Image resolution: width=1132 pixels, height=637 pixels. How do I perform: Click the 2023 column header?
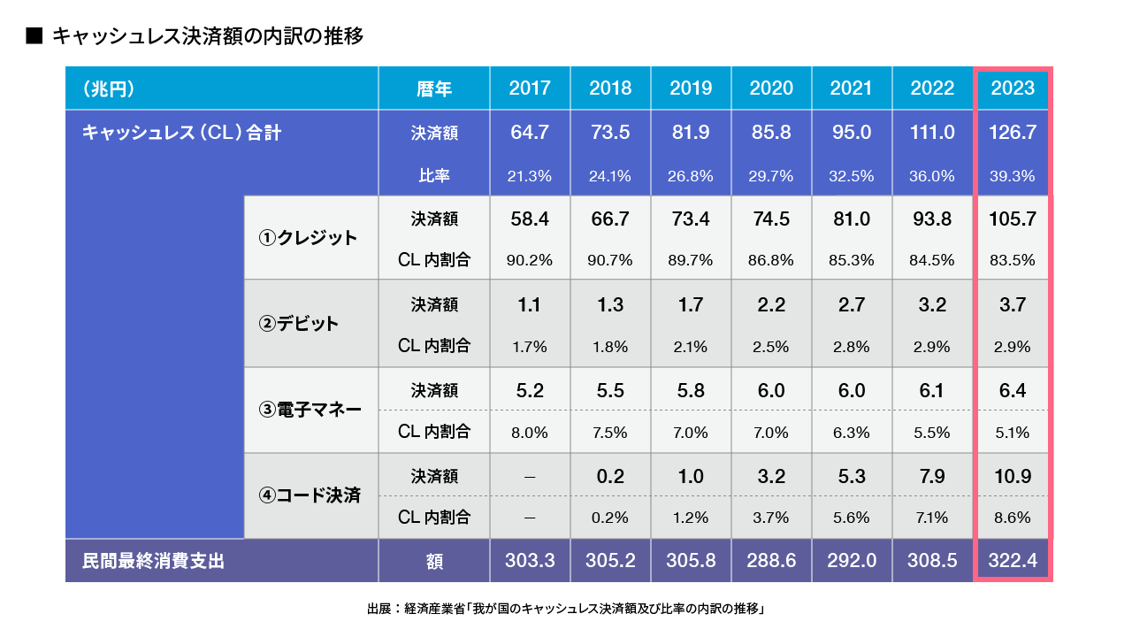coord(1013,88)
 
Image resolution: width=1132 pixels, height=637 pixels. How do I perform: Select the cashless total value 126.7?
coord(1013,133)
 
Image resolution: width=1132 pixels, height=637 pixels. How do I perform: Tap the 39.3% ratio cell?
coord(1013,176)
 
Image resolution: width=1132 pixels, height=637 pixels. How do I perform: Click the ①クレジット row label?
coord(308,238)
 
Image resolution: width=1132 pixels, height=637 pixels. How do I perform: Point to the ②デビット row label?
coord(298,324)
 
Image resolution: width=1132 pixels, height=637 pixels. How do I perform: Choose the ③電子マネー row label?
coord(310,410)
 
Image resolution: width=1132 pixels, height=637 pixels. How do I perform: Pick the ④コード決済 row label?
coord(310,495)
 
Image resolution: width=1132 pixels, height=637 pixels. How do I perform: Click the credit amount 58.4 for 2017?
coord(530,219)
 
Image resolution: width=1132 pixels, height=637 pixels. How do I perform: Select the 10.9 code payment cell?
coord(1013,476)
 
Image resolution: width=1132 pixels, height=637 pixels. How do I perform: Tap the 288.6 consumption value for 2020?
coord(771,561)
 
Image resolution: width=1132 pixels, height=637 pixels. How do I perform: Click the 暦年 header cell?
coord(434,88)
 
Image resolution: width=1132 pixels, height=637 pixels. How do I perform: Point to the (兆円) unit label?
coord(108,88)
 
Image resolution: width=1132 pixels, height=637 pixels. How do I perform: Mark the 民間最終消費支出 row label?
coord(153,561)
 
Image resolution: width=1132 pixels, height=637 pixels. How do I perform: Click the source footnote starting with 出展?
coord(565,609)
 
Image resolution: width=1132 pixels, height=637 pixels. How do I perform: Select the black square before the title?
coord(34,36)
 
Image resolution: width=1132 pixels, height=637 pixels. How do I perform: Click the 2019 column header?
coord(691,88)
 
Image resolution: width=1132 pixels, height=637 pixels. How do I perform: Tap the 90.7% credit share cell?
coord(610,260)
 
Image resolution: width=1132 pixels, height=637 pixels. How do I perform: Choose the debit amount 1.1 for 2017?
coord(530,304)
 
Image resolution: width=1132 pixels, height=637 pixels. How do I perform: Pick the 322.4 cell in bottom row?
coord(1013,561)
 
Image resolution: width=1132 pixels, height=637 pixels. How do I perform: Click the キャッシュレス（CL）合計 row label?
coord(181,133)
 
